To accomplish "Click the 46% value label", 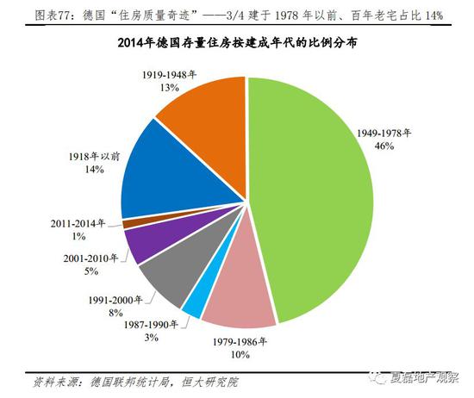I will (x=384, y=146).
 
